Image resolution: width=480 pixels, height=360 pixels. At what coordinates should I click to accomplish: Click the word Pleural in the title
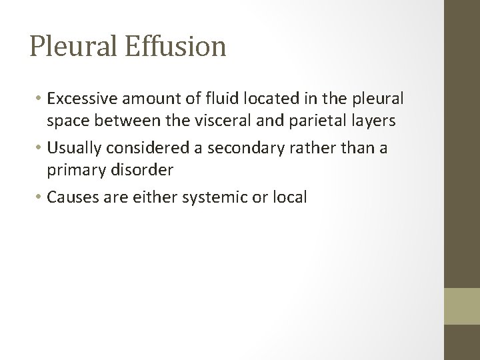(71, 47)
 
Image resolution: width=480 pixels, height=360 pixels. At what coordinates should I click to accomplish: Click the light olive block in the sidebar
(462, 305)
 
